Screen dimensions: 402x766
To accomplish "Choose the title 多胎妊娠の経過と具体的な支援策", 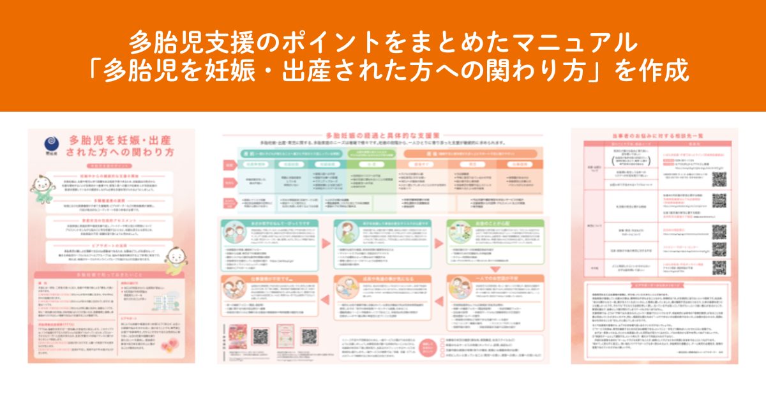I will coord(382,136).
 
